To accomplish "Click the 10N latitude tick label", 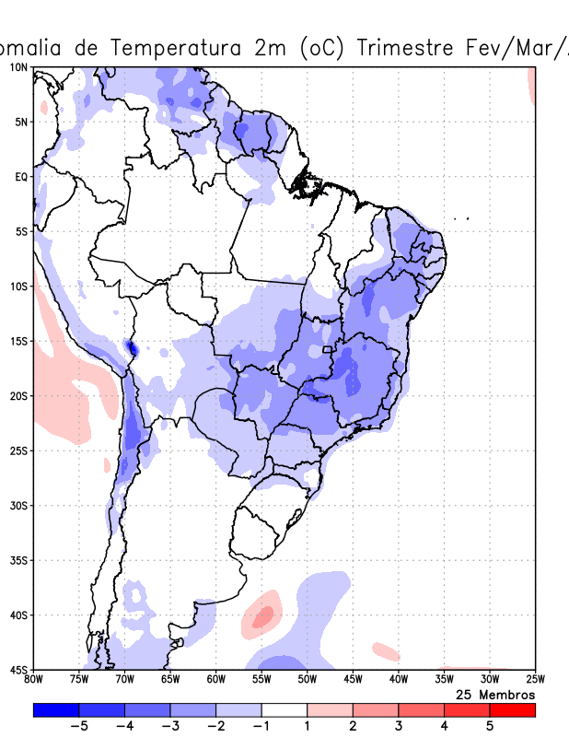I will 18,67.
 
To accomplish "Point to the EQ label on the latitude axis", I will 20,177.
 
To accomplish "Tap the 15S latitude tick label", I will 18,341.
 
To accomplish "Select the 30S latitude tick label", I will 18,506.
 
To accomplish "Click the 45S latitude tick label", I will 18,670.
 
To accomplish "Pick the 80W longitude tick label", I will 34,680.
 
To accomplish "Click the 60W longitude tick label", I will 215,680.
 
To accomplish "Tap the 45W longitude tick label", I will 352,680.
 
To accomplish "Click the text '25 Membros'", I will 495,694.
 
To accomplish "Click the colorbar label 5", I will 490,726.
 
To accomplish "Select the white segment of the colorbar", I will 284,710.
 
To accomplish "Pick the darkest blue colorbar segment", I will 56,710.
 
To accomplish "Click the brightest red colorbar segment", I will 512,710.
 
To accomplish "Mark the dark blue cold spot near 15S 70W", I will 131,347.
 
